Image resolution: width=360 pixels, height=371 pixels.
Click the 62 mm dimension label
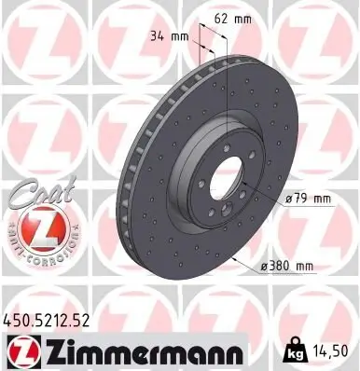(254, 18)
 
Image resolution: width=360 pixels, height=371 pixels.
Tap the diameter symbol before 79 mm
(290, 199)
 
